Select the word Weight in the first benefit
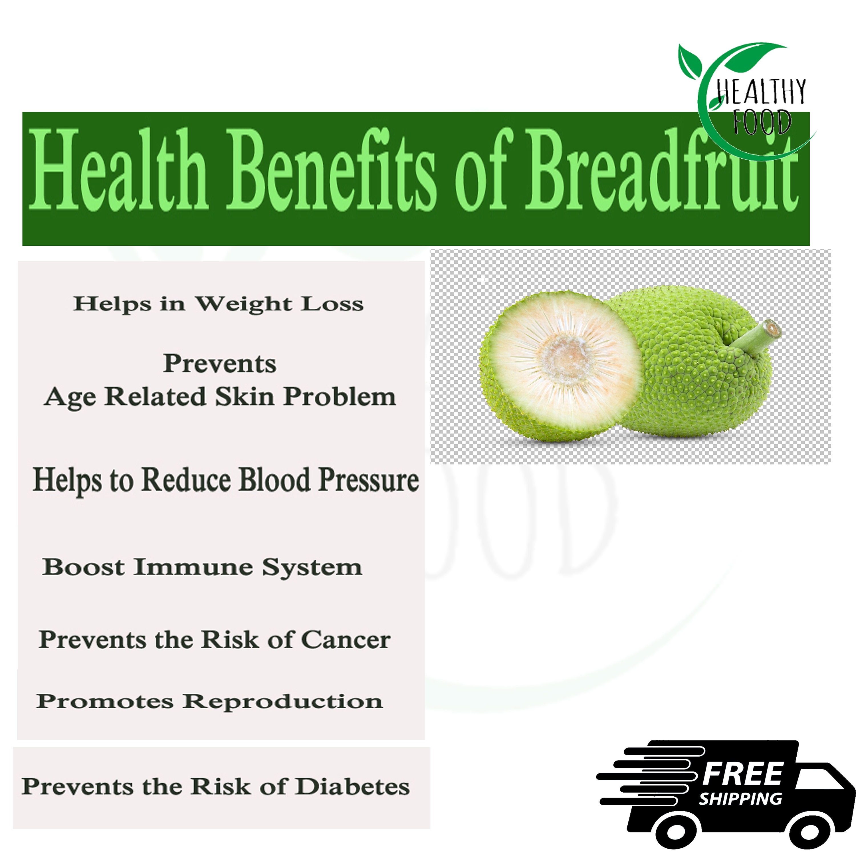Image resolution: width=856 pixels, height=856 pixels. [x=244, y=304]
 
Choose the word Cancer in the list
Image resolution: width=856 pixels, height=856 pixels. [x=346, y=640]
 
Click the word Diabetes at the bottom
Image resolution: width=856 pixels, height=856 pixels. [x=352, y=787]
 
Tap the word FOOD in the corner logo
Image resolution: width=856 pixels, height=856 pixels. [x=761, y=122]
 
